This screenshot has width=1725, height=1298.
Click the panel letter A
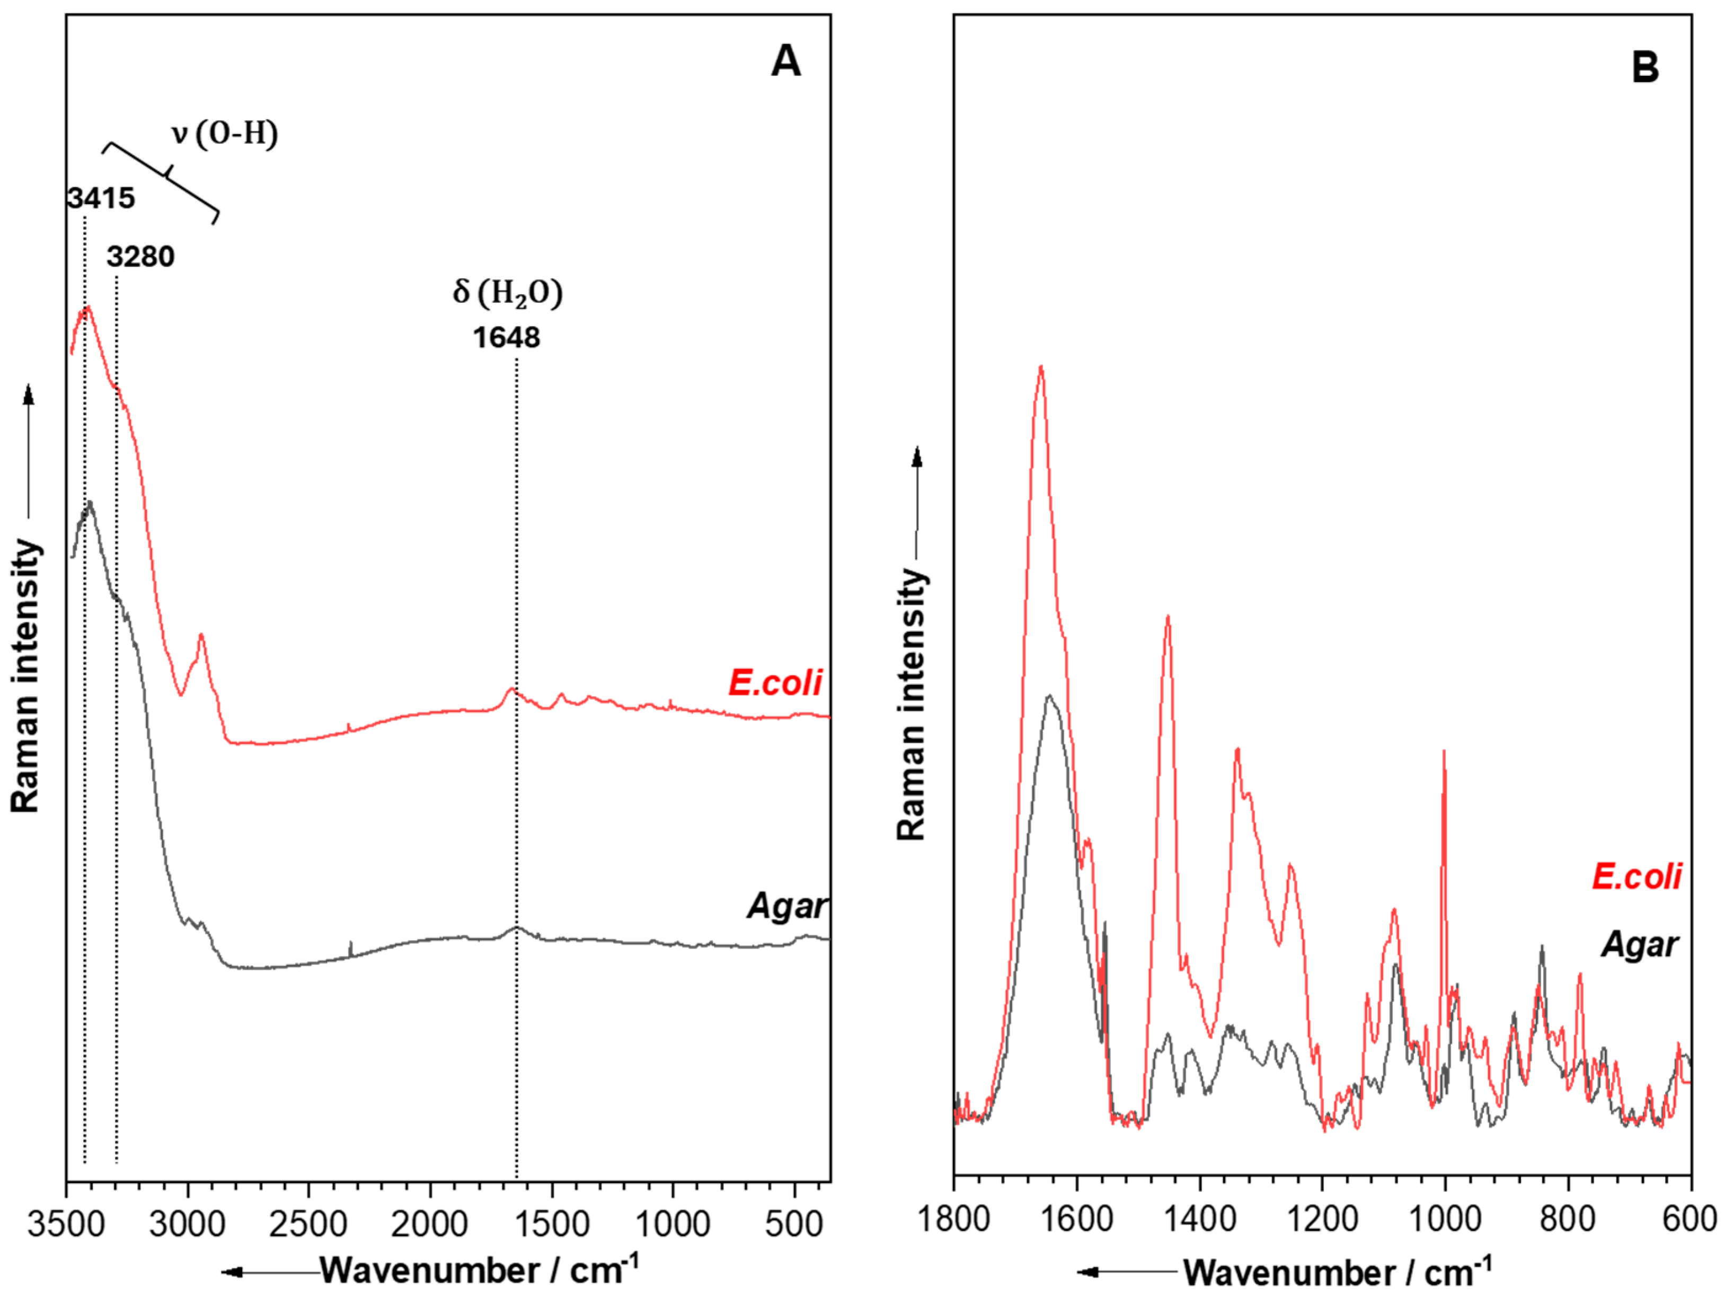pos(785,62)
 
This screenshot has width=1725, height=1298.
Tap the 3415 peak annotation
pos(101,198)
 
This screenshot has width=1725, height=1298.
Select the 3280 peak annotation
pos(141,257)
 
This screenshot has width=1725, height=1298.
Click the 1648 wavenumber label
pos(506,338)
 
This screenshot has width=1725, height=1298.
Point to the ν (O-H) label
pos(225,134)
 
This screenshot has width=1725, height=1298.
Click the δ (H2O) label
pos(508,293)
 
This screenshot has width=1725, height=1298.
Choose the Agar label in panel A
pos(786,906)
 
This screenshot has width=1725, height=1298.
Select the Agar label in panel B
pos(1640,945)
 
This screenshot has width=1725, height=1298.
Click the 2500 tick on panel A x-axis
pos(309,1223)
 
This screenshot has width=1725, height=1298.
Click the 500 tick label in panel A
pos(794,1223)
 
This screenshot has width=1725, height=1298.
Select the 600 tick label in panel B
pos(1691,1218)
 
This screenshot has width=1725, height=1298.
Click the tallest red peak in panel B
pos(1040,368)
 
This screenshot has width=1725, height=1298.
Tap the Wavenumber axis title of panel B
pos(1337,1272)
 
